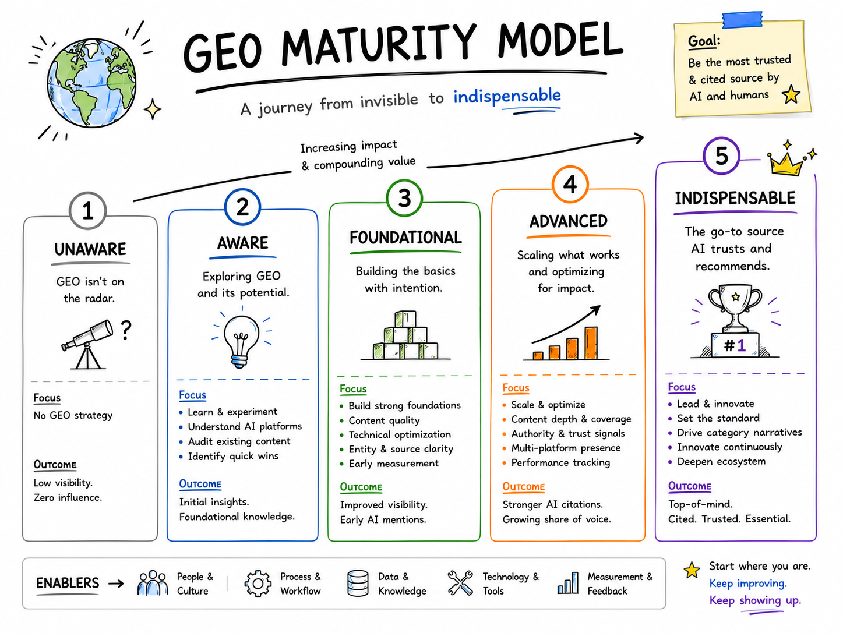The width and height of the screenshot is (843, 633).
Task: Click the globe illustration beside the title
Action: tap(91, 83)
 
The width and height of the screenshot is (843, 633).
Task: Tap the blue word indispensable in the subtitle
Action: tap(507, 96)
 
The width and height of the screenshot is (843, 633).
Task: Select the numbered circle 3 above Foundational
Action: tap(404, 198)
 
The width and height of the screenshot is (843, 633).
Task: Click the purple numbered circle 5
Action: tap(722, 156)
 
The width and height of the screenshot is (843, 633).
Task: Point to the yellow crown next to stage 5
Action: tap(785, 162)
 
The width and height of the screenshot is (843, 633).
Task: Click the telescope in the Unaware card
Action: tap(87, 344)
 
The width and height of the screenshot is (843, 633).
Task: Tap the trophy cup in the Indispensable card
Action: tap(735, 307)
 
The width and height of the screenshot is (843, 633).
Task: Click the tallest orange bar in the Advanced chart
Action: tap(591, 343)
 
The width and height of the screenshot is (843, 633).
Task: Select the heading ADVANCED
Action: tap(569, 221)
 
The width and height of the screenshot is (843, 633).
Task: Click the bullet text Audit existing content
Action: tap(239, 441)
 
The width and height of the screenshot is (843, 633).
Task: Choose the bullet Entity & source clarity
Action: tap(401, 449)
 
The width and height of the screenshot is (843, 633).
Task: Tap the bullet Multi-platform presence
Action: tap(566, 448)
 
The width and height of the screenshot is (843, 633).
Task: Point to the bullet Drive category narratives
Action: tap(739, 433)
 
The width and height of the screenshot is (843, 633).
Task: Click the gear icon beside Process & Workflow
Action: tap(258, 584)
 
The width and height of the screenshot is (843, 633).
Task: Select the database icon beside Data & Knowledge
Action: tap(358, 583)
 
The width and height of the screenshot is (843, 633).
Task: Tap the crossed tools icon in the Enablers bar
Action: tap(460, 583)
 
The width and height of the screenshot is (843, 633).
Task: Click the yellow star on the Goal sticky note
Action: tap(791, 94)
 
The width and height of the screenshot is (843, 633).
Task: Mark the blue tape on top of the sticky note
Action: tap(742, 20)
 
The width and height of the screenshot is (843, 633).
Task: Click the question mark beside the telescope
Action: tap(126, 330)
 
